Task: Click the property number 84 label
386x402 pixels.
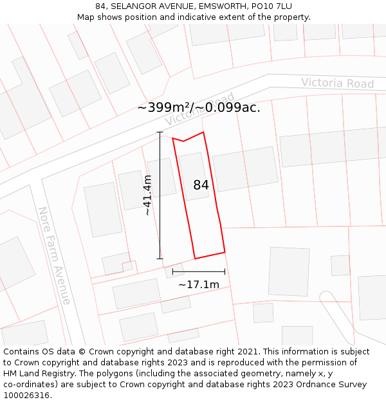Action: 201,185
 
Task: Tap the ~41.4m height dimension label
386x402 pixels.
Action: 148,195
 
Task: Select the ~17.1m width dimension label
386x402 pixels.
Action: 199,284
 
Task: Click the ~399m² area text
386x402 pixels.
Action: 165,107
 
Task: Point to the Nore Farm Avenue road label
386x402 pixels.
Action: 54,255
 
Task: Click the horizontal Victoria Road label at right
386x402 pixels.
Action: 337,83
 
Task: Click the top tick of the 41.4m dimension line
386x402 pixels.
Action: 160,132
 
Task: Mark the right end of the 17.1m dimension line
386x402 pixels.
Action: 225,272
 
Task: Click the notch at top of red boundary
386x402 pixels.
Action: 184,142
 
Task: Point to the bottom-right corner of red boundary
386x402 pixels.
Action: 225,252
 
